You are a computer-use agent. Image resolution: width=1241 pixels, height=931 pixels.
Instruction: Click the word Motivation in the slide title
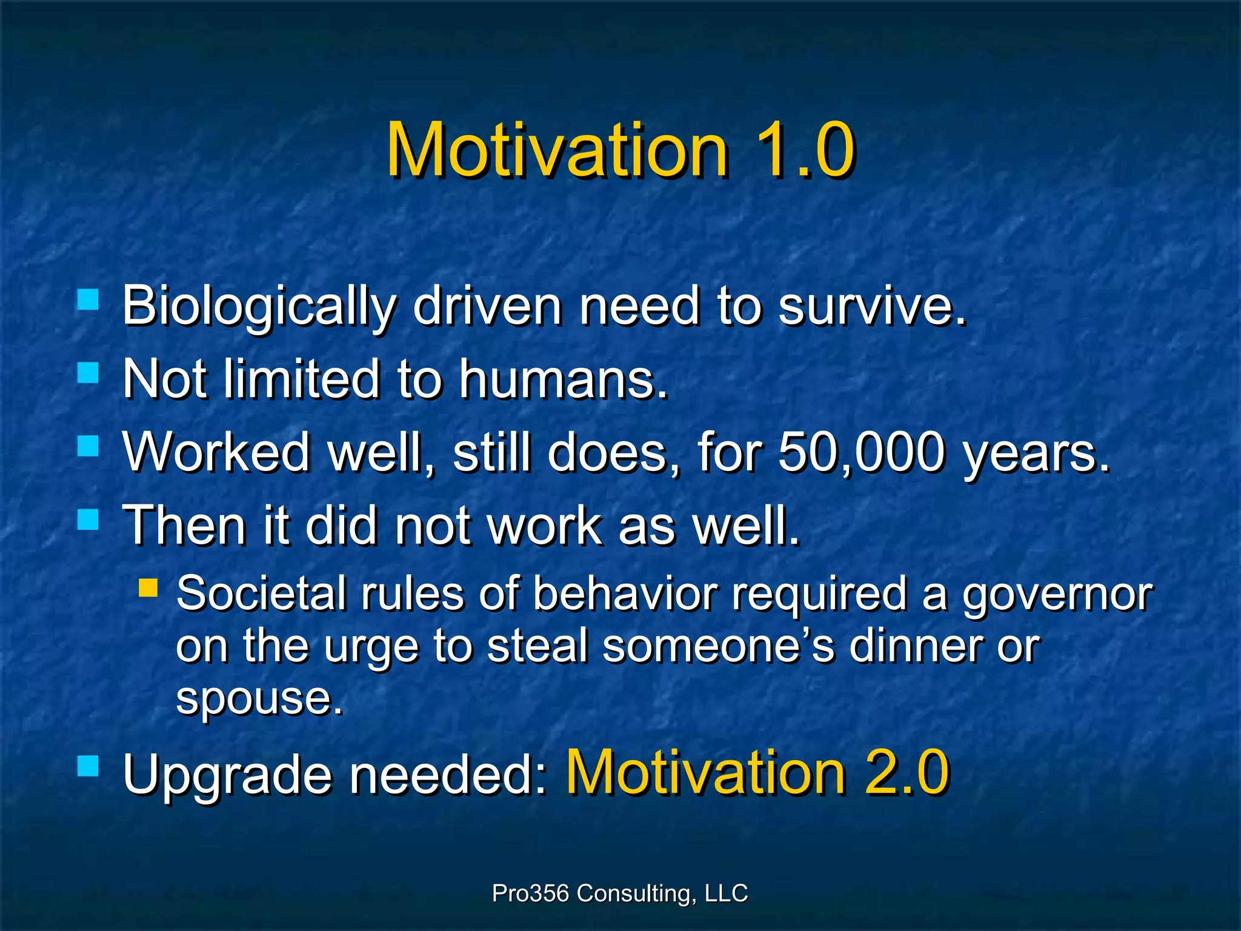click(557, 150)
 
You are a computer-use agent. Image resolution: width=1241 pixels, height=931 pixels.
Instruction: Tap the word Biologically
click(259, 307)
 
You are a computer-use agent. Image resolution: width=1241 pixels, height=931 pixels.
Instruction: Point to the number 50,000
click(860, 453)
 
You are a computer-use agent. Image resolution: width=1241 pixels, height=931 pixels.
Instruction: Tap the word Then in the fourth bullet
click(184, 526)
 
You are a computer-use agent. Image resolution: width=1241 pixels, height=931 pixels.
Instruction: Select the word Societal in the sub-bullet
click(261, 594)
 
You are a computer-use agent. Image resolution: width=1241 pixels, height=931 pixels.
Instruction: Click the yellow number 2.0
click(907, 773)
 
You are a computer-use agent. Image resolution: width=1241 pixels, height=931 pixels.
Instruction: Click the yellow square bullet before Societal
click(148, 587)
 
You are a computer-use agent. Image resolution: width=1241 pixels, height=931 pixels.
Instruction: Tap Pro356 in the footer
click(530, 893)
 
